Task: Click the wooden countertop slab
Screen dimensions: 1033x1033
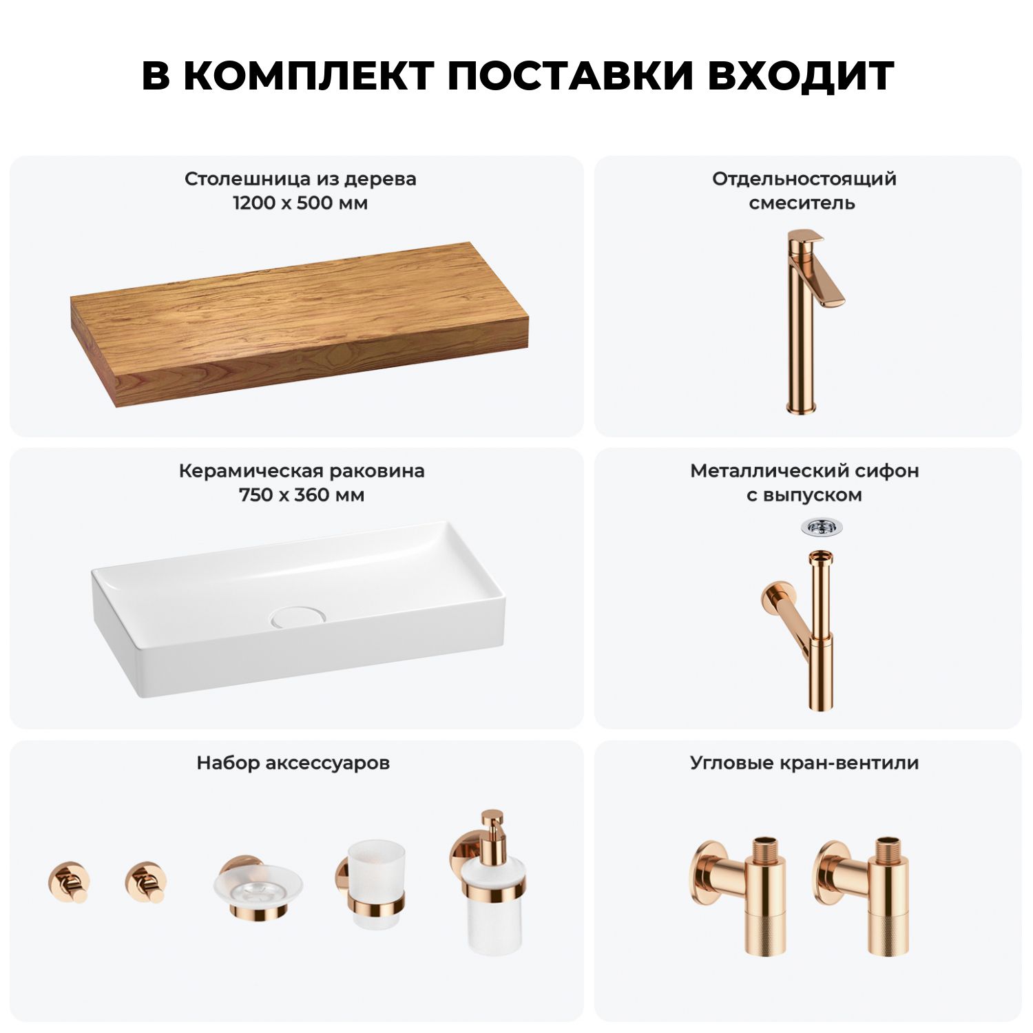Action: pos(300,324)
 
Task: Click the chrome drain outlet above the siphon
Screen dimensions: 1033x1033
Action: pos(822,528)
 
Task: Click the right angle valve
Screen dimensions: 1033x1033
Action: pos(863,895)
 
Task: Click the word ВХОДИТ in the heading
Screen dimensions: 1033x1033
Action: pos(801,76)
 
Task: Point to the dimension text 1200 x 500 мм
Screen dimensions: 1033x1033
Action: pos(300,203)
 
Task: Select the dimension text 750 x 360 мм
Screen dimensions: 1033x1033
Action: pos(302,495)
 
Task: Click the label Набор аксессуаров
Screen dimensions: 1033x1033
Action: pos(293,763)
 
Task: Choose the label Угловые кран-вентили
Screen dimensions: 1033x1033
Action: pos(804,763)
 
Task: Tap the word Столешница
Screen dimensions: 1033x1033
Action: pos(248,179)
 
